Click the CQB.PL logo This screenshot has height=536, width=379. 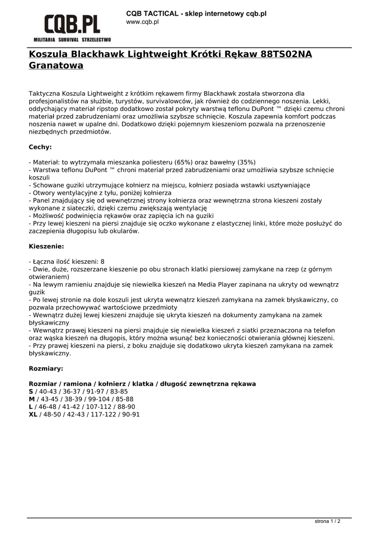tap(72, 24)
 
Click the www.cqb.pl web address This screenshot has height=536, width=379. tap(143, 22)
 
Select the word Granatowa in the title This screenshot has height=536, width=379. tap(56, 66)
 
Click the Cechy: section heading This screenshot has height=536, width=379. tap(40, 147)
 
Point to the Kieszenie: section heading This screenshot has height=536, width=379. tap(47, 245)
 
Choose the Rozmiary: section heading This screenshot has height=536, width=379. tap(46, 368)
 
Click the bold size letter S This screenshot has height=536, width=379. tap(31, 392)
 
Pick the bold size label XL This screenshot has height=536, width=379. tap(33, 414)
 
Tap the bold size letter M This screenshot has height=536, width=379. tap(31, 399)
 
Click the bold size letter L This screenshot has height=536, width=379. tap(30, 407)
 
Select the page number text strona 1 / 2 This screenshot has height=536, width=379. tap(327, 521)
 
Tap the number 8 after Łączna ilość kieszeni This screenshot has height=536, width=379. tap(102, 261)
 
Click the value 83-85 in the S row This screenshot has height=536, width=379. tap(119, 392)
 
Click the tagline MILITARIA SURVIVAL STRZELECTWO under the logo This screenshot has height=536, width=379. tap(72, 40)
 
